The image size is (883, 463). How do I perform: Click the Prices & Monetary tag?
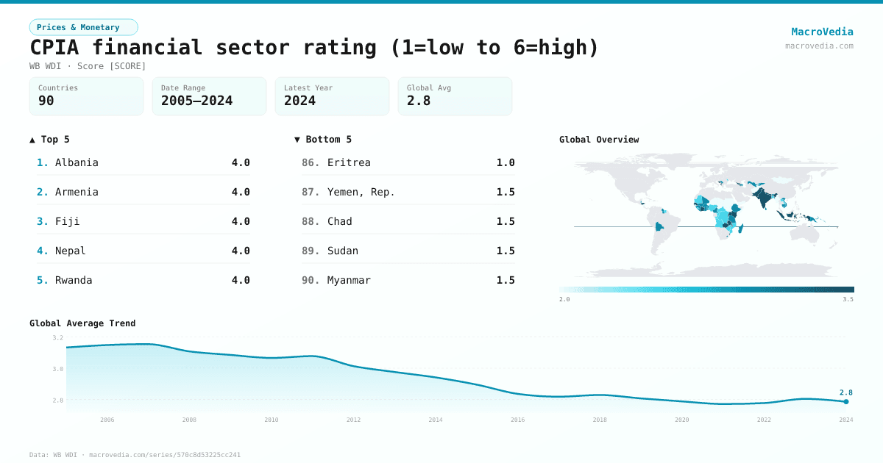point(83,27)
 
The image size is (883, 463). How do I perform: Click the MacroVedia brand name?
point(822,32)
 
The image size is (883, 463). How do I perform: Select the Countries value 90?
point(46,101)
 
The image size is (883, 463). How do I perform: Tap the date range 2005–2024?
point(196,101)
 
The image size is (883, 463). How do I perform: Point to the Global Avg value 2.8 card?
point(454,96)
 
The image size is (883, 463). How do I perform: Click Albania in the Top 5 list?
point(77,162)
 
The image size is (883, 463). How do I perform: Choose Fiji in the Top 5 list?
point(68,221)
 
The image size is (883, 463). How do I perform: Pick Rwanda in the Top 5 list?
point(74,280)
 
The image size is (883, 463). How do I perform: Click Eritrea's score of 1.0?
point(506,162)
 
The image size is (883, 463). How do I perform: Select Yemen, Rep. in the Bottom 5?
point(361,192)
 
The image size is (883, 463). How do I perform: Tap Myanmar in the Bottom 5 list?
point(349,280)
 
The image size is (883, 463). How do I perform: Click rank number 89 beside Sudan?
point(311,251)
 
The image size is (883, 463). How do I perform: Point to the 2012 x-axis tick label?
point(354,420)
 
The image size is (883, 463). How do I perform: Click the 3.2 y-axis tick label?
point(58,337)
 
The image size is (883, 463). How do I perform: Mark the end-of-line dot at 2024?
point(846,401)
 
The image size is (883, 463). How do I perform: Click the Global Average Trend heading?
point(82,323)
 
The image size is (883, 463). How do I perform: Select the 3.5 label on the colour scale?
point(848,299)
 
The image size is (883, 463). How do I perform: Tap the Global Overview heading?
point(599,140)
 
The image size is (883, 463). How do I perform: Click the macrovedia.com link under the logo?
point(819,46)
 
